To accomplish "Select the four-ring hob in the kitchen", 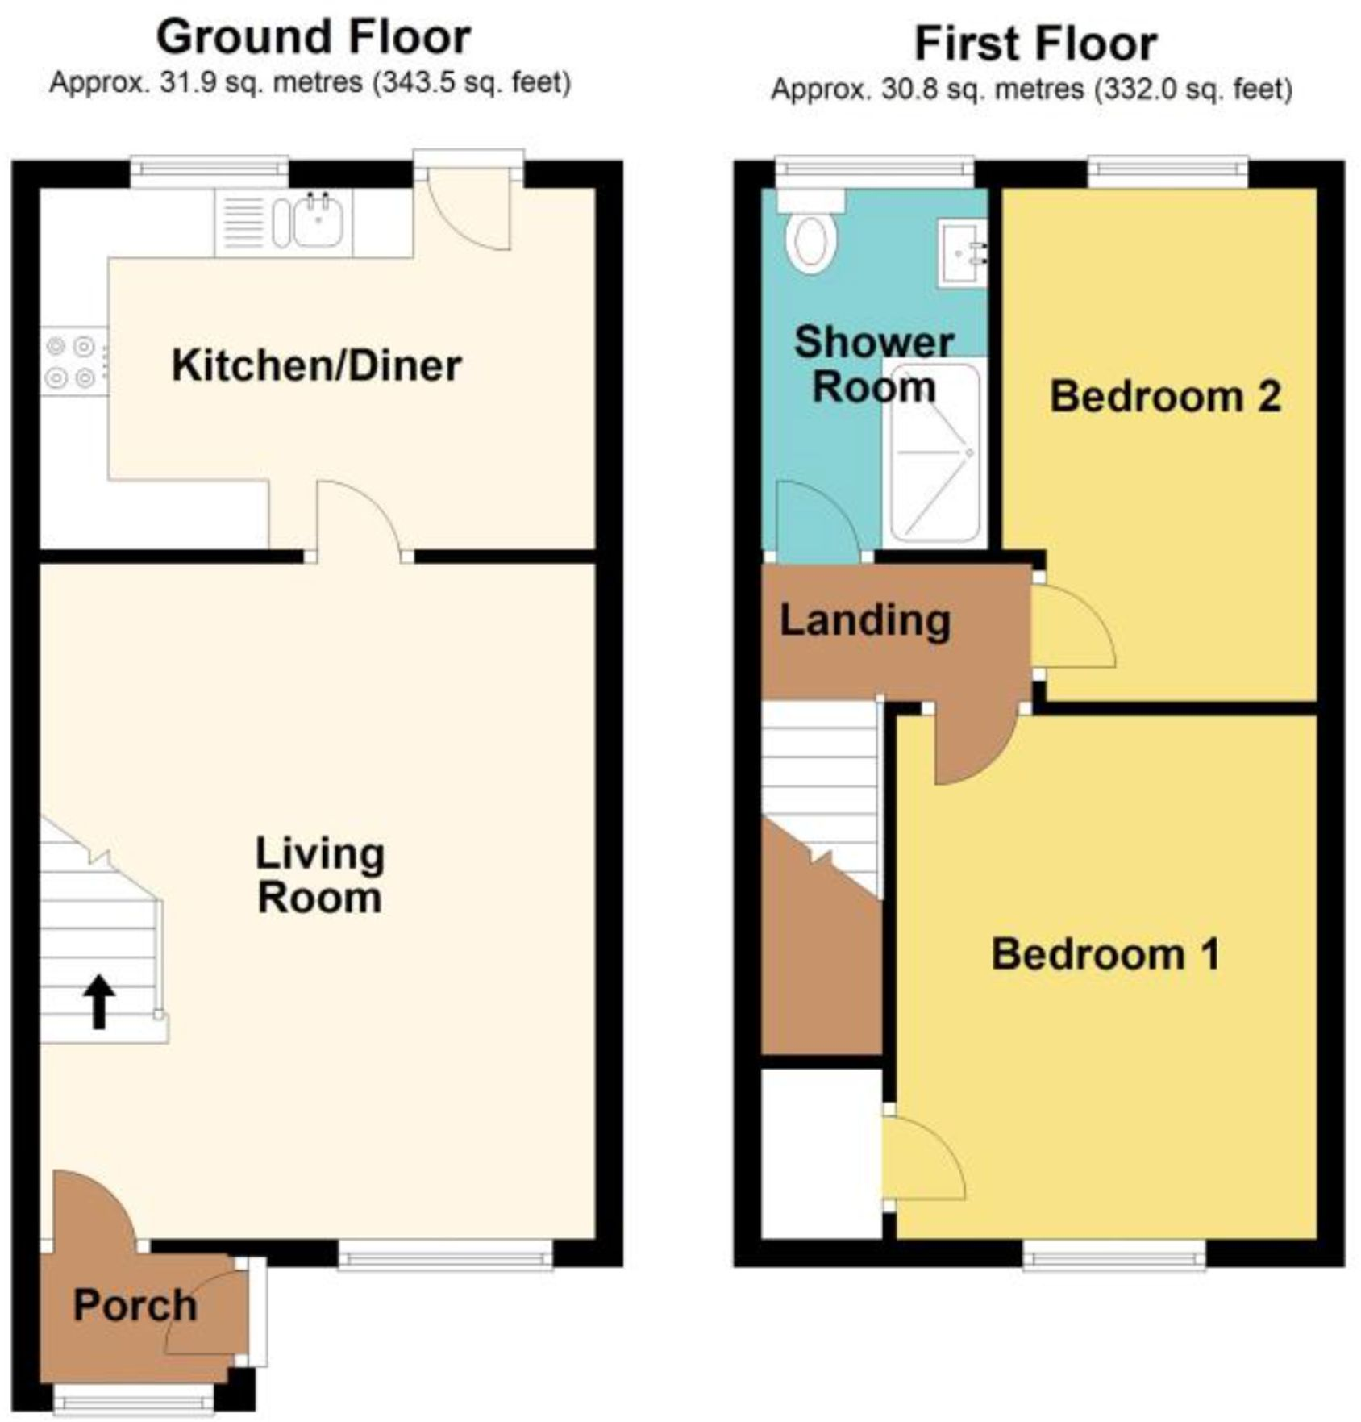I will click(x=72, y=361).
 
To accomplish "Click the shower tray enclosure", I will click(x=934, y=452).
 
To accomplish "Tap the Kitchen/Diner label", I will click(x=316, y=365).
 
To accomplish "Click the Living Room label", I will click(x=319, y=875).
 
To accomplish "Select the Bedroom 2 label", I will click(x=1165, y=396).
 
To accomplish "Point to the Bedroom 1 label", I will click(x=1105, y=954).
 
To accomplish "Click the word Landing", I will click(x=864, y=620).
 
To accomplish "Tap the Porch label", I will click(x=135, y=1304).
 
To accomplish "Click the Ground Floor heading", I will click(x=313, y=37).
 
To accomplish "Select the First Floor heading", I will click(x=1035, y=44).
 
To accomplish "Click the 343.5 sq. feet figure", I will click(x=472, y=83).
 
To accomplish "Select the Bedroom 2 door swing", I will click(x=1072, y=625).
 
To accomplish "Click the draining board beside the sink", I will click(x=243, y=223).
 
